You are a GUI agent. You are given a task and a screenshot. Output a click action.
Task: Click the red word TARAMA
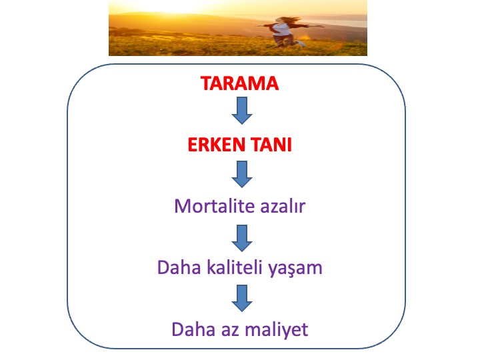240,83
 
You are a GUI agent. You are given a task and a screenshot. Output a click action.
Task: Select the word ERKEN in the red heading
217,145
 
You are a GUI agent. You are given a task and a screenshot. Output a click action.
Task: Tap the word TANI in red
271,145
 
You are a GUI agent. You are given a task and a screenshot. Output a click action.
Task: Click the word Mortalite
214,206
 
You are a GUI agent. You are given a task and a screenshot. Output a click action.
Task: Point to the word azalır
283,206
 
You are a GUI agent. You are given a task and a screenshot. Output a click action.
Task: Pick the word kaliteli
235,267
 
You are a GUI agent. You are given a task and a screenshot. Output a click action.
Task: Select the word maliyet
277,330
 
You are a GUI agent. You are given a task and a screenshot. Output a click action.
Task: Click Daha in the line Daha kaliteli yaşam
179,267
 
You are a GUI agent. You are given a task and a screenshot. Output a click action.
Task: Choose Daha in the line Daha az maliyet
193,329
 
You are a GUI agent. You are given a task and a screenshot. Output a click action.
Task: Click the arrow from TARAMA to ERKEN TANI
242,111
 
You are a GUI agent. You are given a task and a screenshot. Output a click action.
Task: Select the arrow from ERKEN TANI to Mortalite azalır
242,174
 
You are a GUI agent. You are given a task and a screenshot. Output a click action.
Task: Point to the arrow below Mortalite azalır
242,238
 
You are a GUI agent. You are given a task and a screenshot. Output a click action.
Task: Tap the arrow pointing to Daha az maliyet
242,298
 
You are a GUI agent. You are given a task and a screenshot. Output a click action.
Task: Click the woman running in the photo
285,32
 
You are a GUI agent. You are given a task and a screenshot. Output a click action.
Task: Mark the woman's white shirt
283,29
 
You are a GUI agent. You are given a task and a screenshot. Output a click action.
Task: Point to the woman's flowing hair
291,19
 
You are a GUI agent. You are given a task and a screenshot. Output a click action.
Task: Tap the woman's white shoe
301,43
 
